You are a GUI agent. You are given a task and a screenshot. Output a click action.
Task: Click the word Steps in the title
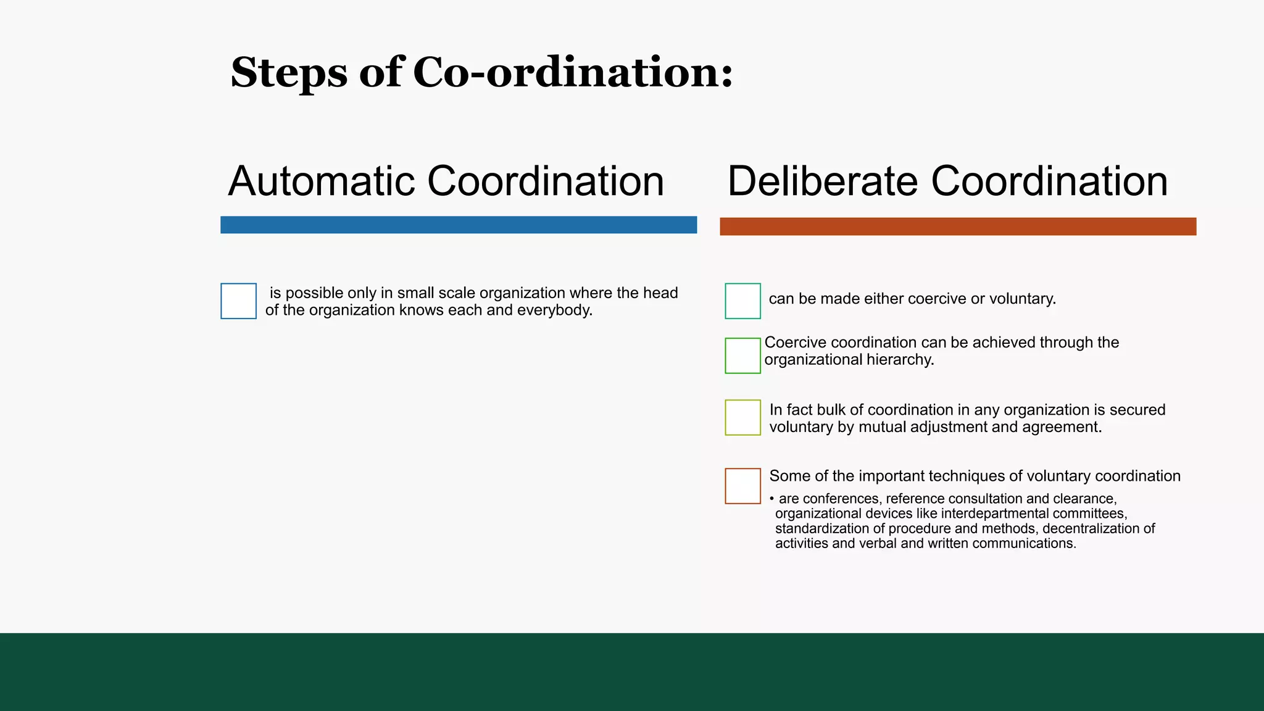289,73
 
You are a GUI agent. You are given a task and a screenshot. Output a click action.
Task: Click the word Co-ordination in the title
573,73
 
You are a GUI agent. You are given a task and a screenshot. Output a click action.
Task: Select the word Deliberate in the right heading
823,181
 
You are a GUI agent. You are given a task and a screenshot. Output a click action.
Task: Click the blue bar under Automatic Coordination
459,225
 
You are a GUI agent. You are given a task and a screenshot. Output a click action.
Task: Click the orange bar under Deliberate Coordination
958,227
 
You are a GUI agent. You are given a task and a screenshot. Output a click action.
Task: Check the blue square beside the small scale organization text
239,301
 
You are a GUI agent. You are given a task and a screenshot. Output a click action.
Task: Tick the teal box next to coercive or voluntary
743,301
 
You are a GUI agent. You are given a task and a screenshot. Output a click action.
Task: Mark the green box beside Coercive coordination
743,355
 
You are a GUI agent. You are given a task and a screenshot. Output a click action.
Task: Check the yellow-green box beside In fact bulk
743,418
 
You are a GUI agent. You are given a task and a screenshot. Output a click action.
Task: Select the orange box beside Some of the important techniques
743,486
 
